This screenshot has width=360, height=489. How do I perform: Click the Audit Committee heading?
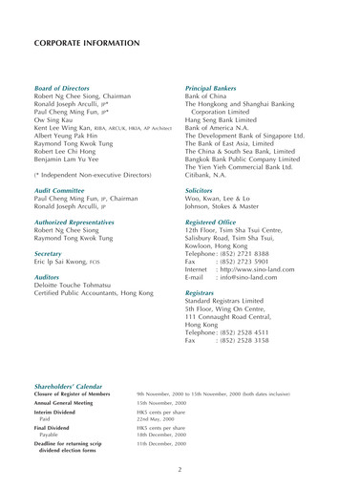point(63,189)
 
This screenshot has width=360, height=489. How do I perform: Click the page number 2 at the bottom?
point(180,470)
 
